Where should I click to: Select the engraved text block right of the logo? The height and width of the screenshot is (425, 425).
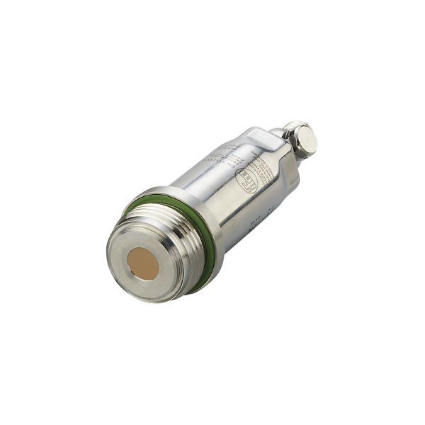point(265,170)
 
